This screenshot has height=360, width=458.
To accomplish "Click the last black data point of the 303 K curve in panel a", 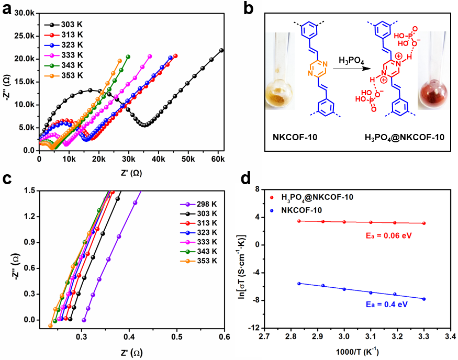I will coord(221,50).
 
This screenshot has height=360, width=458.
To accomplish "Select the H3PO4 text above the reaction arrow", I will coord(351,60).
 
